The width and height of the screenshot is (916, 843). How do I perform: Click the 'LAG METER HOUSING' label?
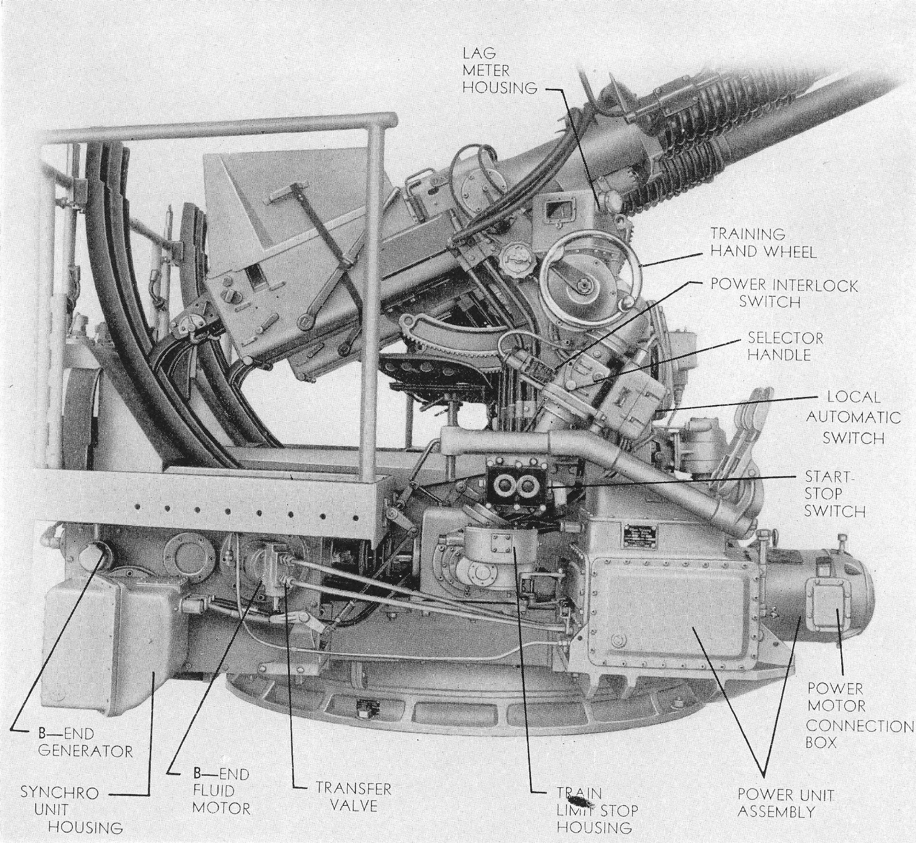pos(499,71)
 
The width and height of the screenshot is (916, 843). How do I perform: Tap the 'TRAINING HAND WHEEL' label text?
pos(763,243)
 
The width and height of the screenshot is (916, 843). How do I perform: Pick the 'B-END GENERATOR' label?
pos(85,742)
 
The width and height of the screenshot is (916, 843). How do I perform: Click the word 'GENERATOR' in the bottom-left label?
pos(85,751)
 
